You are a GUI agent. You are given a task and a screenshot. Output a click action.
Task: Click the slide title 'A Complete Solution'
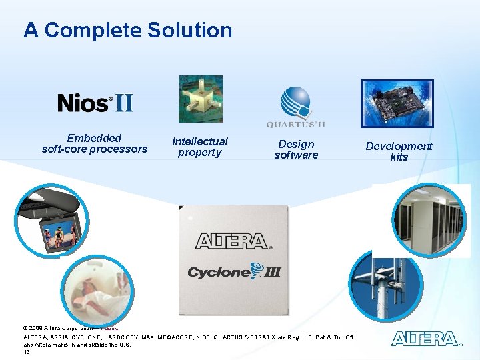(127, 30)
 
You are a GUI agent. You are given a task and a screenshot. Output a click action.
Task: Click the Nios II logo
(95, 103)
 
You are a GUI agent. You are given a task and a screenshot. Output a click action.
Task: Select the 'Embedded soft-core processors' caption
(94, 143)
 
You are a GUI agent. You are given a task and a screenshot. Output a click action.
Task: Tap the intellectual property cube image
(200, 99)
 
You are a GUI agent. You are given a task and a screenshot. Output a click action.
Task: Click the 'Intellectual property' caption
(199, 147)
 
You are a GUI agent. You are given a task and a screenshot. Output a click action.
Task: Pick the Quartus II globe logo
(296, 103)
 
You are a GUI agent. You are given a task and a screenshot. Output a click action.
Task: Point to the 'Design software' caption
(296, 149)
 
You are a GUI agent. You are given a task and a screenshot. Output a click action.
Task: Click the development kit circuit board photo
(397, 103)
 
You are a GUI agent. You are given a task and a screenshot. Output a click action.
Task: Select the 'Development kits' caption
(399, 151)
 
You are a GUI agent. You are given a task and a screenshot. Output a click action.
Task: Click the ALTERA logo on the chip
(231, 241)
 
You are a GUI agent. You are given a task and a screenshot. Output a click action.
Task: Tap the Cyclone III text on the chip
(233, 271)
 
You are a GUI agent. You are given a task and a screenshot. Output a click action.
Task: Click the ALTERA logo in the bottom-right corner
(425, 339)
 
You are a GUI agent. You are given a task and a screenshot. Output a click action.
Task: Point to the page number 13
(27, 351)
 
